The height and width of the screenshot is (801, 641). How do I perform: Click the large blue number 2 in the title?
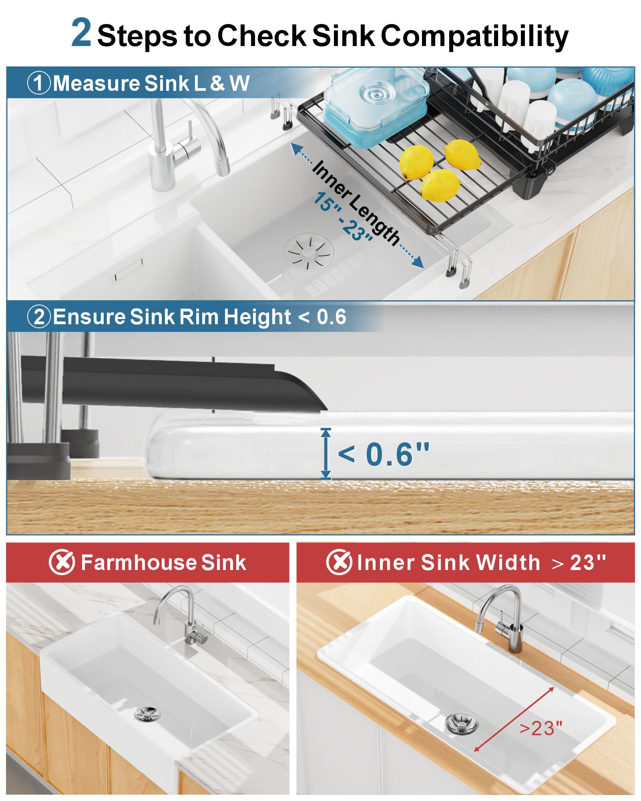tap(81, 33)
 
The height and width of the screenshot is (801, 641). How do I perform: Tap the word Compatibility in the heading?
tap(474, 36)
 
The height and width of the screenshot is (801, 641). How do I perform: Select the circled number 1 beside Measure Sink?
tap(39, 83)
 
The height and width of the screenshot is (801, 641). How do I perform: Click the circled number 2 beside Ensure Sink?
tap(39, 317)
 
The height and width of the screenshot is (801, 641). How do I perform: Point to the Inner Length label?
tap(356, 203)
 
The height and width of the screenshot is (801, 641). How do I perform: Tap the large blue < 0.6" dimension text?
tap(384, 454)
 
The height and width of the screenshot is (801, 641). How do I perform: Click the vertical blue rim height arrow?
tap(326, 454)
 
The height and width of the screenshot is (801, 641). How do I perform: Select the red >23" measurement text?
tap(541, 728)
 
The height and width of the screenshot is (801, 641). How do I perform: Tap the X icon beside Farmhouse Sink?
tap(62, 562)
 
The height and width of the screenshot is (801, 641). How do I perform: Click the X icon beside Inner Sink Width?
tap(339, 562)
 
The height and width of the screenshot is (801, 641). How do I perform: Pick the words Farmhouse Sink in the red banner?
tap(163, 562)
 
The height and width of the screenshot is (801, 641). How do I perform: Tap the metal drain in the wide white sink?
tap(461, 723)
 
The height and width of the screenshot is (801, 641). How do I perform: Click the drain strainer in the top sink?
tap(309, 252)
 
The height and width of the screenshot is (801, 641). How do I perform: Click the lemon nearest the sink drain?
tap(440, 185)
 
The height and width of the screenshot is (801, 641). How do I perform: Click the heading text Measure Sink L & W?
tap(151, 83)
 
